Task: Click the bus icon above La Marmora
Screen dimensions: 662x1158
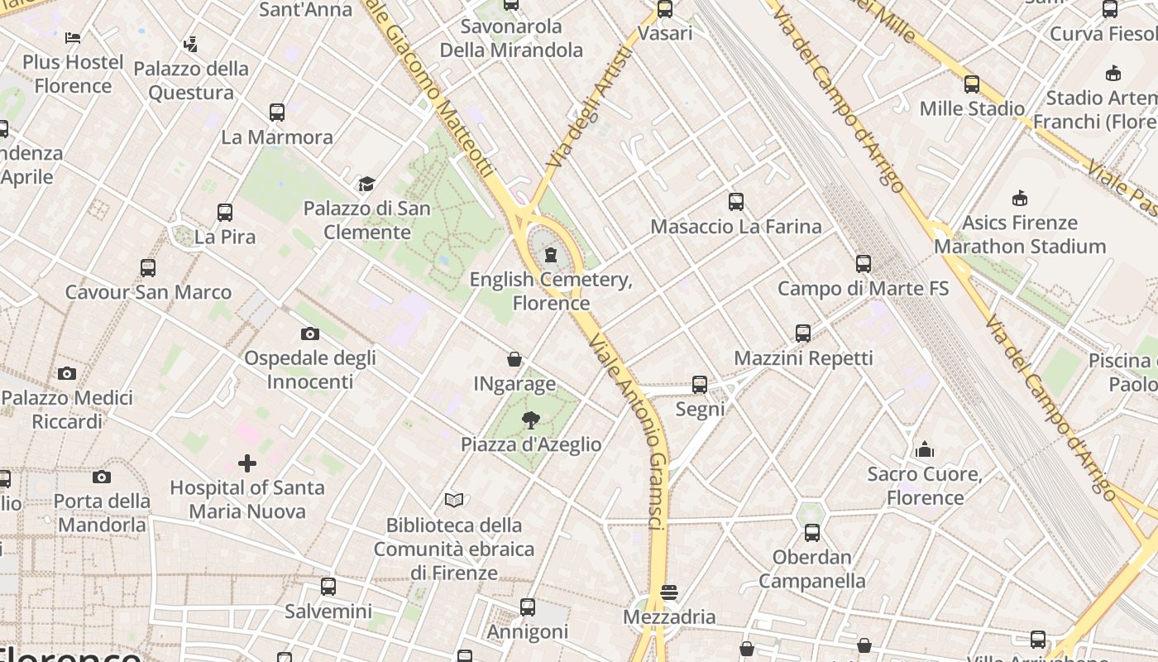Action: pos(277,112)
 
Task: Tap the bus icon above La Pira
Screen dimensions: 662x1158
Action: pos(225,212)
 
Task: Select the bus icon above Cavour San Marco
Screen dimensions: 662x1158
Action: pos(148,267)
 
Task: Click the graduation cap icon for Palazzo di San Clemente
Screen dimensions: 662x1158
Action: pos(366,184)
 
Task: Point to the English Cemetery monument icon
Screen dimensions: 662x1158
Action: pos(551,254)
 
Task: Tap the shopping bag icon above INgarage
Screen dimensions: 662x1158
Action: pos(514,359)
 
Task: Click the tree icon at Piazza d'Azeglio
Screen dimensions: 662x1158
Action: pos(531,420)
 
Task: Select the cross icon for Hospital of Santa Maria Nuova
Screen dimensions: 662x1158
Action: pos(246,463)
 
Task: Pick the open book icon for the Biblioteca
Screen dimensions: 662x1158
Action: pos(454,500)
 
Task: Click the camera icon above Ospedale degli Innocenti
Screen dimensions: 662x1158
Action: pos(310,333)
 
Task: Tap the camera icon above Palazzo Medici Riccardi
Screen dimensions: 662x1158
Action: pos(67,373)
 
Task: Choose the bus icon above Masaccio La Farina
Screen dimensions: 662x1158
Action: pos(736,201)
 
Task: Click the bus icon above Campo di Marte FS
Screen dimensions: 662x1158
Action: pos(864,264)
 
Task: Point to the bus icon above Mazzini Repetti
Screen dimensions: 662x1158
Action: pos(803,333)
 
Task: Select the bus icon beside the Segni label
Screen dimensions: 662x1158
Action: pos(700,385)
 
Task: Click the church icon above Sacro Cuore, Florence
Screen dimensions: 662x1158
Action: pos(925,449)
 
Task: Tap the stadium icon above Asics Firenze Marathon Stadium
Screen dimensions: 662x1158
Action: pos(1020,198)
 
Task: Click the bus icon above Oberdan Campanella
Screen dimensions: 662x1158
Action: pos(812,532)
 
